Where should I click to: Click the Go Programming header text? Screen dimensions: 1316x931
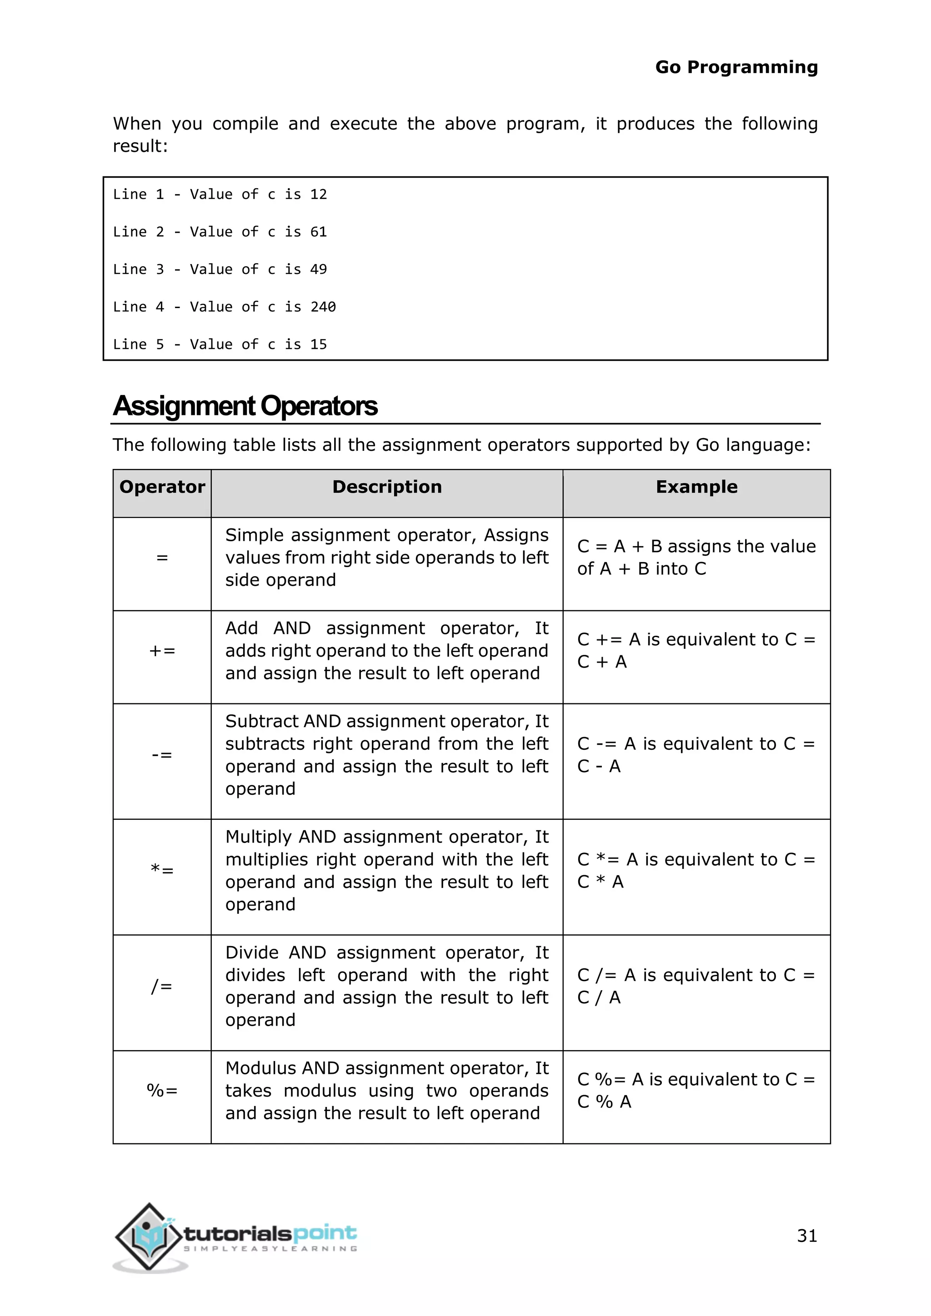736,67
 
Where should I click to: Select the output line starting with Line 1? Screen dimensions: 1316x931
220,195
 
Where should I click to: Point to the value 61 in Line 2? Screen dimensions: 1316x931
318,232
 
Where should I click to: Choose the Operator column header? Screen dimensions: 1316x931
162,487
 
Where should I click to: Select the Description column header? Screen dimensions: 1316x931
387,487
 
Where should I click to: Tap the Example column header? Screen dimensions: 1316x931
696,487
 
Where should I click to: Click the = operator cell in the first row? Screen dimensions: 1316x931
162,558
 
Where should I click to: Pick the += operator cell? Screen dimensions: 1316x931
162,651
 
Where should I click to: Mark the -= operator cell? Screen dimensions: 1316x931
162,755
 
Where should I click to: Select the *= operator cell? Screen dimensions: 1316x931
162,871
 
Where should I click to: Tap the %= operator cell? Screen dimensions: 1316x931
162,1090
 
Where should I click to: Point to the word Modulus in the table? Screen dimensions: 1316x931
261,1068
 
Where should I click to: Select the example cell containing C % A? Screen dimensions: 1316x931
696,1090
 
